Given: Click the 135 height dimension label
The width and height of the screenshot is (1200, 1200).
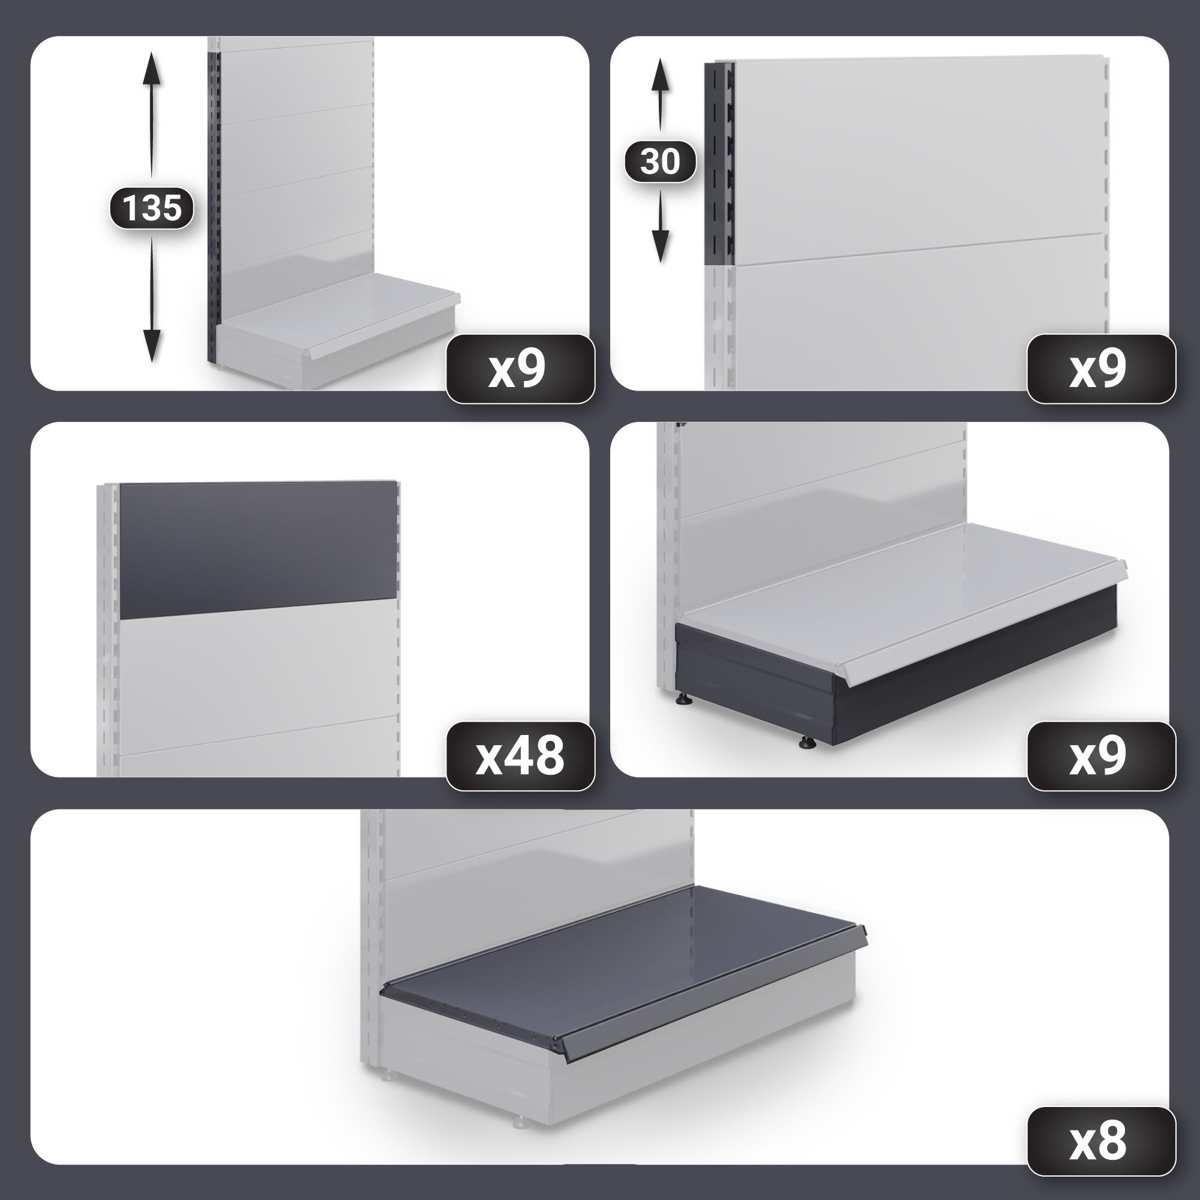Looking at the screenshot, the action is pos(152,208).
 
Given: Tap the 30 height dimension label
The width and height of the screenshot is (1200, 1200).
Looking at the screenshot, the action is pos(659,161).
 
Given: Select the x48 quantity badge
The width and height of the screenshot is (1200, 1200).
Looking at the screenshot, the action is pos(520,756).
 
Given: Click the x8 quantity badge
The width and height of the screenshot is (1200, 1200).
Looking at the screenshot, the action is pos(1100,1142).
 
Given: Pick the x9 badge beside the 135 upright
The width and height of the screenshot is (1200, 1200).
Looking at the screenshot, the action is pos(520,369).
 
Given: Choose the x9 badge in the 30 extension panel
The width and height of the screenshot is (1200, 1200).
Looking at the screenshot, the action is pos(1100,369).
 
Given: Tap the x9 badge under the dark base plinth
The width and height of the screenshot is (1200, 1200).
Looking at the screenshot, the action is pos(1100,756).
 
